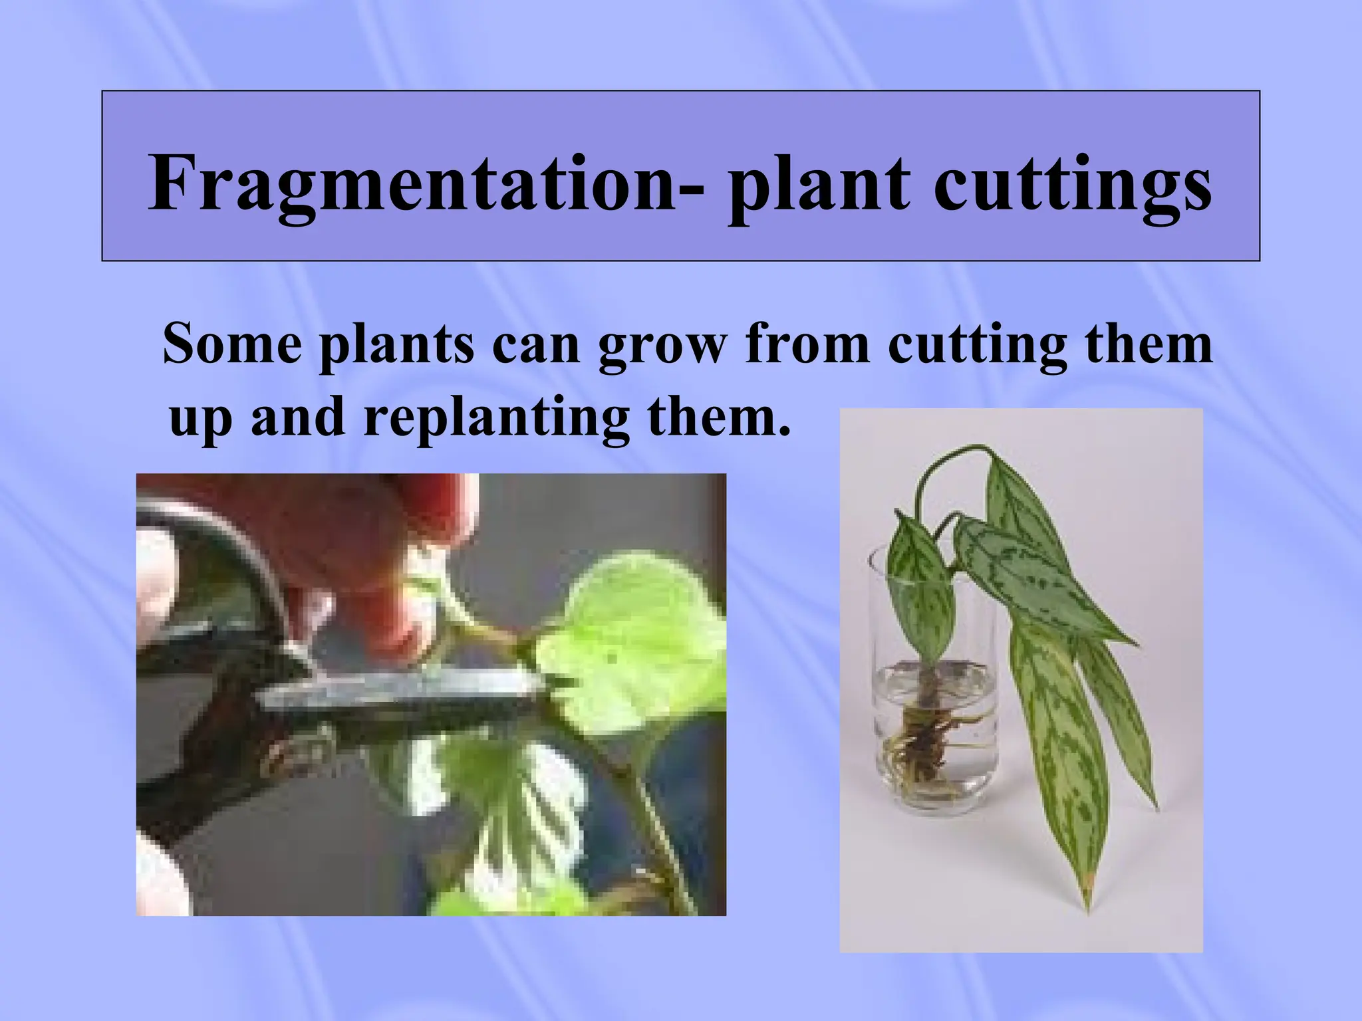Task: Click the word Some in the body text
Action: [x=232, y=344]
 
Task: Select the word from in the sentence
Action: [x=807, y=344]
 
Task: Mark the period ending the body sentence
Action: [x=784, y=432]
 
